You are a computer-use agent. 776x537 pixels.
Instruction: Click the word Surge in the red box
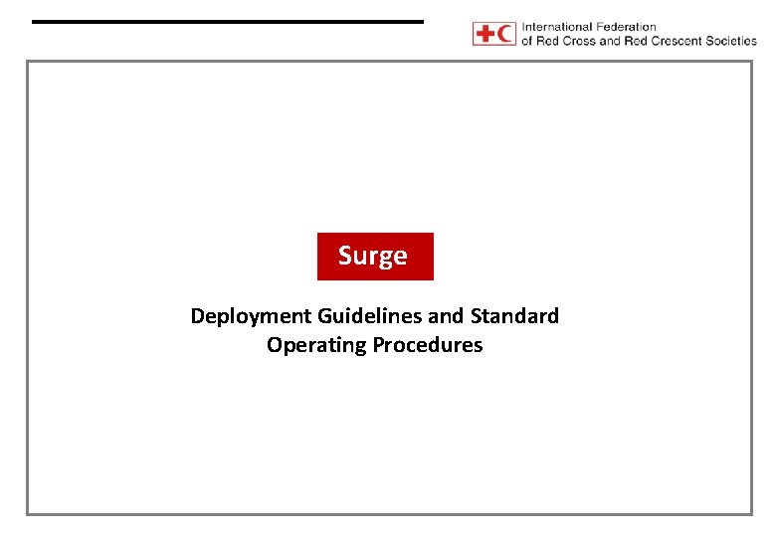tap(373, 256)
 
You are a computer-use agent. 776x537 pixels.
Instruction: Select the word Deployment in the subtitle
tap(251, 316)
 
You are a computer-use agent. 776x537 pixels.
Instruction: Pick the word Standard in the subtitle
tap(514, 316)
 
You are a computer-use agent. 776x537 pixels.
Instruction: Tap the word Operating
tap(316, 345)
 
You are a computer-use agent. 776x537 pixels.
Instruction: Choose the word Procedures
tap(427, 345)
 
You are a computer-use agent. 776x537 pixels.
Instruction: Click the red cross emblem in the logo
tap(485, 34)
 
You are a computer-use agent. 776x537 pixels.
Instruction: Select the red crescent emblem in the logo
tap(506, 34)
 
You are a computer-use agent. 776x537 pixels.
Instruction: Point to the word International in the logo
tap(558, 27)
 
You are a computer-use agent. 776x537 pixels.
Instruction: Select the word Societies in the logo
tap(731, 41)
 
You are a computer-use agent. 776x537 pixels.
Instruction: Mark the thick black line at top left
tap(227, 21)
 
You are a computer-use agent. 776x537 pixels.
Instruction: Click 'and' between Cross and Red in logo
tap(610, 41)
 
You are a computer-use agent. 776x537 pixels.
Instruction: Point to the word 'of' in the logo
tap(527, 41)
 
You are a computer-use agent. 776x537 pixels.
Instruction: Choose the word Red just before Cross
tap(549, 41)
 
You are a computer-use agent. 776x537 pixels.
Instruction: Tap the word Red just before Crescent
tap(638, 41)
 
